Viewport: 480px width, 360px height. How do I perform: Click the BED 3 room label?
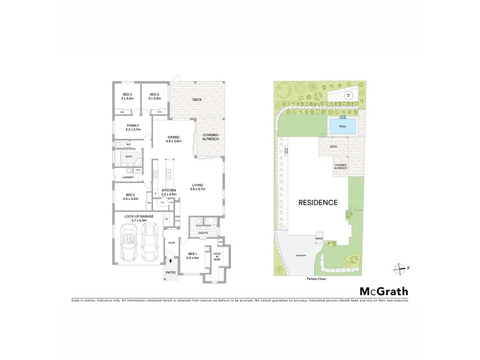127,96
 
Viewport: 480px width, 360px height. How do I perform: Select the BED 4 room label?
154,96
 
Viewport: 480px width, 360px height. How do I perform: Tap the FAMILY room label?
133,127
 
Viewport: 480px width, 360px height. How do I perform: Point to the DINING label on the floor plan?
174,139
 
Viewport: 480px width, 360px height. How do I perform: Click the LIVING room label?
199,187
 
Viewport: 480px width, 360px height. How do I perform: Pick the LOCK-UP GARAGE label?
139,217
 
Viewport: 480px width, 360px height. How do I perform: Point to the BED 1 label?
192,256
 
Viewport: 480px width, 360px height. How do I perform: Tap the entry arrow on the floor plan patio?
172,261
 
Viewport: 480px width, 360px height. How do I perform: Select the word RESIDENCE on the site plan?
318,203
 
